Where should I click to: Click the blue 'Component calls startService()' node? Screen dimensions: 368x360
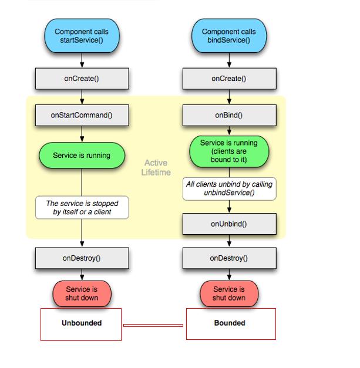(82, 36)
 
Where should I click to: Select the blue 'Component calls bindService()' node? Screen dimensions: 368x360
(229, 36)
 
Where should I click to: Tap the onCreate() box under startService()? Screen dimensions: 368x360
(82, 79)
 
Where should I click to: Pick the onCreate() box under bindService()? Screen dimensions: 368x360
(229, 79)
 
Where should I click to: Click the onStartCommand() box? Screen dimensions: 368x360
(82, 115)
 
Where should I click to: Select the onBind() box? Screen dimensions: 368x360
(229, 115)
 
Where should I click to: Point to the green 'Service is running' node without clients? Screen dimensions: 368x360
(82, 156)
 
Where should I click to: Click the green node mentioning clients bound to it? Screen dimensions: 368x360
(229, 152)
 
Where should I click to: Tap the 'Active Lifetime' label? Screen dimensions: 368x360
(156, 167)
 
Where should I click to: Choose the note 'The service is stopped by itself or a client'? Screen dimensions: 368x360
(82, 208)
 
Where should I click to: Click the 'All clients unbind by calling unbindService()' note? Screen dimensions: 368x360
(229, 188)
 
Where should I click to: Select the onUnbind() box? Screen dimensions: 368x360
(229, 224)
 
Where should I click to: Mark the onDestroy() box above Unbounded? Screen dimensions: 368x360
(82, 258)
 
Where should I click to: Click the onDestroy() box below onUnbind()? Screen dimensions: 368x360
(229, 258)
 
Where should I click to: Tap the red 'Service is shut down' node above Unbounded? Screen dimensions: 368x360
(82, 293)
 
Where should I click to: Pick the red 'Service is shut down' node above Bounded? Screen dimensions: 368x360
(229, 293)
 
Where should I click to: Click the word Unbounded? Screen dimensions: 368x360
(82, 323)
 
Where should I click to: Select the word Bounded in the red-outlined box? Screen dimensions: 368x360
(230, 323)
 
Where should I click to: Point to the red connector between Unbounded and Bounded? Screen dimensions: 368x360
(153, 325)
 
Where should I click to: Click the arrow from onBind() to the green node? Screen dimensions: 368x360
(229, 131)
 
